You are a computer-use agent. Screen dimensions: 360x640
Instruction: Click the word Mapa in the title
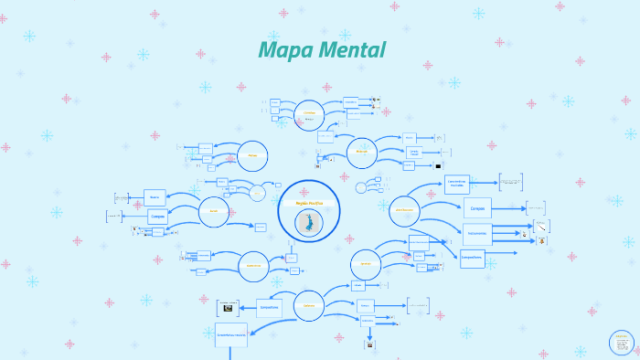click(x=283, y=49)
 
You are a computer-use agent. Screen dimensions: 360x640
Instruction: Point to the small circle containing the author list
click(x=622, y=343)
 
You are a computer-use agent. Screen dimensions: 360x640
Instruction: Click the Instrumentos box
click(x=477, y=233)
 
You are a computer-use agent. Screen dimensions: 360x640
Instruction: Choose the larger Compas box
click(x=476, y=208)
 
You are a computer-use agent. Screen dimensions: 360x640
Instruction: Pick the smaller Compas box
click(x=157, y=217)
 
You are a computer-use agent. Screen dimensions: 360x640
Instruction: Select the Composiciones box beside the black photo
click(x=270, y=308)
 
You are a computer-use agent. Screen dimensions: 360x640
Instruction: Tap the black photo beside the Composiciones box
click(x=228, y=308)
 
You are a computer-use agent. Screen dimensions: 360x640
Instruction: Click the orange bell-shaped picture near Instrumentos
click(x=541, y=240)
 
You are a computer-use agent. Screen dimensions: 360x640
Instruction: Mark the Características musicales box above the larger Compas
click(x=457, y=184)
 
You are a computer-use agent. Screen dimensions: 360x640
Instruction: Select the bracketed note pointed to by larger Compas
click(x=535, y=207)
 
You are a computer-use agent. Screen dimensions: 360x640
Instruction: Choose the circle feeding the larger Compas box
click(x=404, y=210)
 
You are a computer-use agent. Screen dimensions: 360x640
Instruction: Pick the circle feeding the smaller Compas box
click(x=214, y=211)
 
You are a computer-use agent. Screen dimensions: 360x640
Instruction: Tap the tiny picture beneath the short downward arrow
click(x=369, y=345)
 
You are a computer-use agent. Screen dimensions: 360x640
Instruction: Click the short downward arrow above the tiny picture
click(x=369, y=334)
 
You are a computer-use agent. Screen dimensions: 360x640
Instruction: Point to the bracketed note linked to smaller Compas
click(x=114, y=217)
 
